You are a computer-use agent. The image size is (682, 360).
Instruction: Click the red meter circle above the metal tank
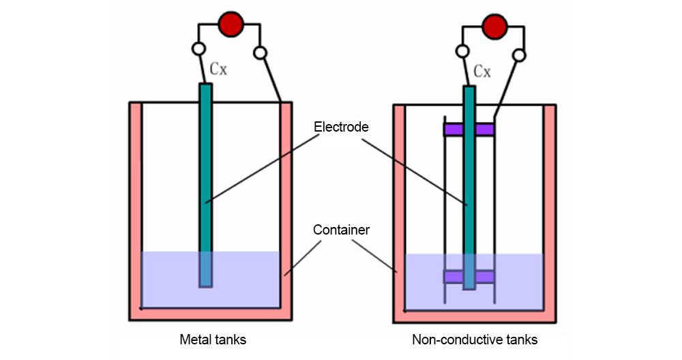231,25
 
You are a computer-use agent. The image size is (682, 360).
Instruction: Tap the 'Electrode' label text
341,127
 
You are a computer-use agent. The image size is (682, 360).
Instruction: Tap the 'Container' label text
341,230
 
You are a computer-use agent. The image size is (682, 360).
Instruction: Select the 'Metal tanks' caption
212,339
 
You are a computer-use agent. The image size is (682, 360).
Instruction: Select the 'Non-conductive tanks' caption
475,339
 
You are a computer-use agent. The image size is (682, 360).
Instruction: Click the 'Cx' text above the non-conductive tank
482,71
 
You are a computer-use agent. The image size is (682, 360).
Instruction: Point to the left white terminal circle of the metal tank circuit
198,49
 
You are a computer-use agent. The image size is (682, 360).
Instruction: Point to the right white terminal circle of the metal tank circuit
260,52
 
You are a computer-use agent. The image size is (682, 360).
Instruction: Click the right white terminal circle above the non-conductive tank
520,55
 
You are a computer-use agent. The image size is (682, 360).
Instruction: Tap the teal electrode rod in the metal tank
205,170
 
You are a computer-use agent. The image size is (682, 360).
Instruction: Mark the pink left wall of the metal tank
135,205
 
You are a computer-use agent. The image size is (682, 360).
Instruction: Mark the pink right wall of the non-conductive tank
549,205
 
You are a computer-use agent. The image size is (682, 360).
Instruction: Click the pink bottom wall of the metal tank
211,314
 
